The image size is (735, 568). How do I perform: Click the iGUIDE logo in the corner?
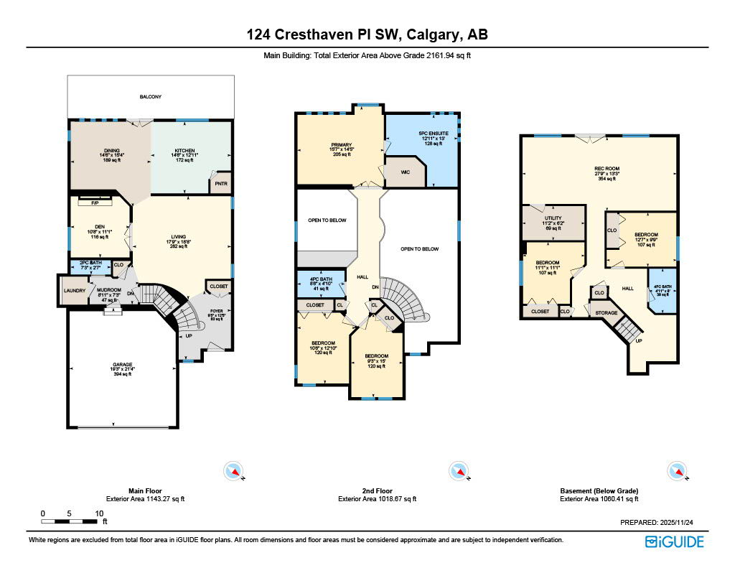(674, 541)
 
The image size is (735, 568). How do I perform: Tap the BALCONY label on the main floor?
(150, 96)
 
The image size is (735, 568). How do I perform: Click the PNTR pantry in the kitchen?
(219, 184)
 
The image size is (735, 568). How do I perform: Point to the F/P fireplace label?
(94, 202)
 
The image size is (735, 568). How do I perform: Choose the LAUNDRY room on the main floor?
(73, 291)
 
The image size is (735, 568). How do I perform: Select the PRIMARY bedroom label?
(341, 145)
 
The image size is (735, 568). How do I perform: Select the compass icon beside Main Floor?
(234, 471)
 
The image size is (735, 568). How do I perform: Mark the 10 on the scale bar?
(99, 513)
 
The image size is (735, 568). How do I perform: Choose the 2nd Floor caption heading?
(377, 491)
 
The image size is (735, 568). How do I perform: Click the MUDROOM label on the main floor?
(109, 290)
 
